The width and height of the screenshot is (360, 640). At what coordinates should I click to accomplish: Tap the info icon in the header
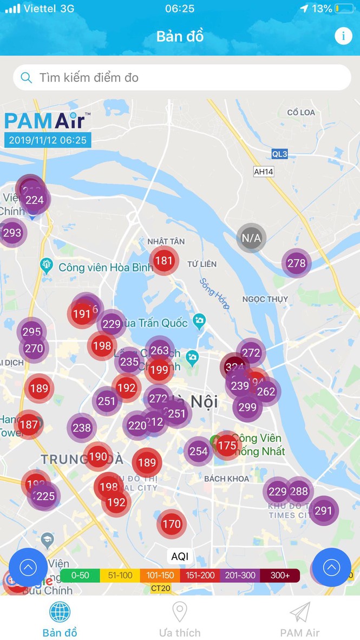343,36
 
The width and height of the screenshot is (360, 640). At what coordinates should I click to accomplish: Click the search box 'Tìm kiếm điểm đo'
182,77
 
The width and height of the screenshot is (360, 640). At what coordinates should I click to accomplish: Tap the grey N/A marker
251,238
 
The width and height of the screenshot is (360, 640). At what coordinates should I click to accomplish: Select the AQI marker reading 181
163,260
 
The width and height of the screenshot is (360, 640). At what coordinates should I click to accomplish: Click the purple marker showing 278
296,263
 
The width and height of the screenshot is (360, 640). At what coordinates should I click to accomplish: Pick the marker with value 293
12,233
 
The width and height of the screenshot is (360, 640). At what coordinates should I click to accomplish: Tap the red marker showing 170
172,524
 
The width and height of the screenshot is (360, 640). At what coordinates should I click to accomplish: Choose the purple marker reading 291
323,511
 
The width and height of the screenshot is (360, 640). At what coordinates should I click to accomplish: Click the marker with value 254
198,451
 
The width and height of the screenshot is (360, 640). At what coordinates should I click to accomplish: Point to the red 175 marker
227,446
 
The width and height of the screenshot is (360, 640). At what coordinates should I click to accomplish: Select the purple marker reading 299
247,407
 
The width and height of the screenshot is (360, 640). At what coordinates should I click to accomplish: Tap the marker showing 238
82,428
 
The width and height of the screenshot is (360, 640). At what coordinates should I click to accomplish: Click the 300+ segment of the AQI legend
280,575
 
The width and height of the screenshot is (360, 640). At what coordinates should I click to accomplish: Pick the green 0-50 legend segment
80,575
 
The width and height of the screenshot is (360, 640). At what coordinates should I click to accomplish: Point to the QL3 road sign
280,154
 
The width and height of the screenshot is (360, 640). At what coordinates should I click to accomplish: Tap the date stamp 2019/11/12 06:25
48,140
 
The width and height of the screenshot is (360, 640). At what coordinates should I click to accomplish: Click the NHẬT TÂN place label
166,241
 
